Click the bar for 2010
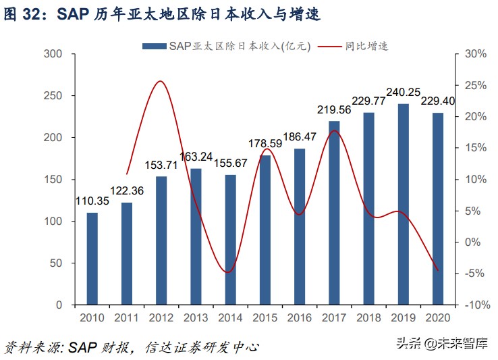pyautogui.click(x=92, y=259)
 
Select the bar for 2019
pyautogui.click(x=403, y=204)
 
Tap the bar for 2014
pyautogui.click(x=230, y=240)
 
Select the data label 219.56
pyautogui.click(x=333, y=109)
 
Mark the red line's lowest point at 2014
pyautogui.click(x=229, y=272)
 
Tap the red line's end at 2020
pyautogui.click(x=438, y=270)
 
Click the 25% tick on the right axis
pyautogui.click(x=476, y=86)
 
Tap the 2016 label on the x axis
pyautogui.click(x=299, y=317)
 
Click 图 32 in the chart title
pyautogui.click(x=22, y=13)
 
